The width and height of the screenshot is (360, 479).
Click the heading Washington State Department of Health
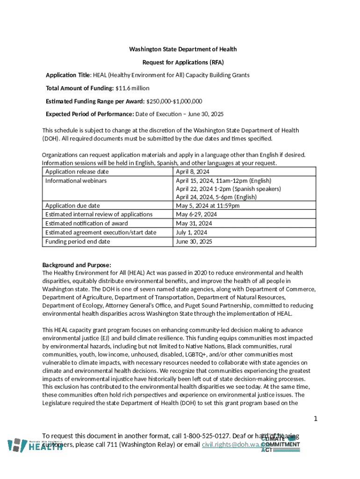[x=183, y=49]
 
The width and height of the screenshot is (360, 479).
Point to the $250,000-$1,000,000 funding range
[x=174, y=101]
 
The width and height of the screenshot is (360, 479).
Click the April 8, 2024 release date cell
[x=193, y=172]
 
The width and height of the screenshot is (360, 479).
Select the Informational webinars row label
[x=76, y=181]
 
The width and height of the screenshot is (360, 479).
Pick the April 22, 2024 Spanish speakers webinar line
[x=228, y=189]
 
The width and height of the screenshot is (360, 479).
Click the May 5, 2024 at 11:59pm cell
[x=208, y=206]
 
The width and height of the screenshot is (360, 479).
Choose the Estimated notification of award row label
[x=86, y=224]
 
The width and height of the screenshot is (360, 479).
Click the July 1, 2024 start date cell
[x=191, y=232]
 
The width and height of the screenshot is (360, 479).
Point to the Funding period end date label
[x=78, y=241]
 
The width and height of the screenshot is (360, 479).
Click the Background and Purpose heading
[x=77, y=265]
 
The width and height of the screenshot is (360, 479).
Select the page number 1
[x=316, y=419]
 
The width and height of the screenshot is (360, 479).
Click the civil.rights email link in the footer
[x=231, y=445]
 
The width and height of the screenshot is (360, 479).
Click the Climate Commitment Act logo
[x=280, y=444]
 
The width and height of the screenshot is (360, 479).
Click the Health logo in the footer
[x=36, y=445]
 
